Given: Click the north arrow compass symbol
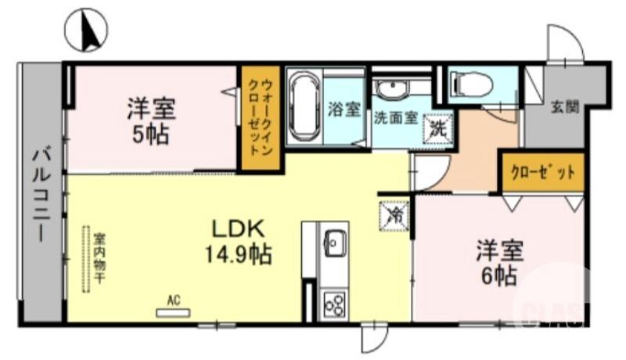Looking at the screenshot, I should (x=86, y=31).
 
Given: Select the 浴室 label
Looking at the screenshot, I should (x=345, y=110).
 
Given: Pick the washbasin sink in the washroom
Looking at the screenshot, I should (x=389, y=90).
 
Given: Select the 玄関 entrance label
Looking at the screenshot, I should (x=564, y=106).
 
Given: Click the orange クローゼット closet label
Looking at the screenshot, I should (x=542, y=171).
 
